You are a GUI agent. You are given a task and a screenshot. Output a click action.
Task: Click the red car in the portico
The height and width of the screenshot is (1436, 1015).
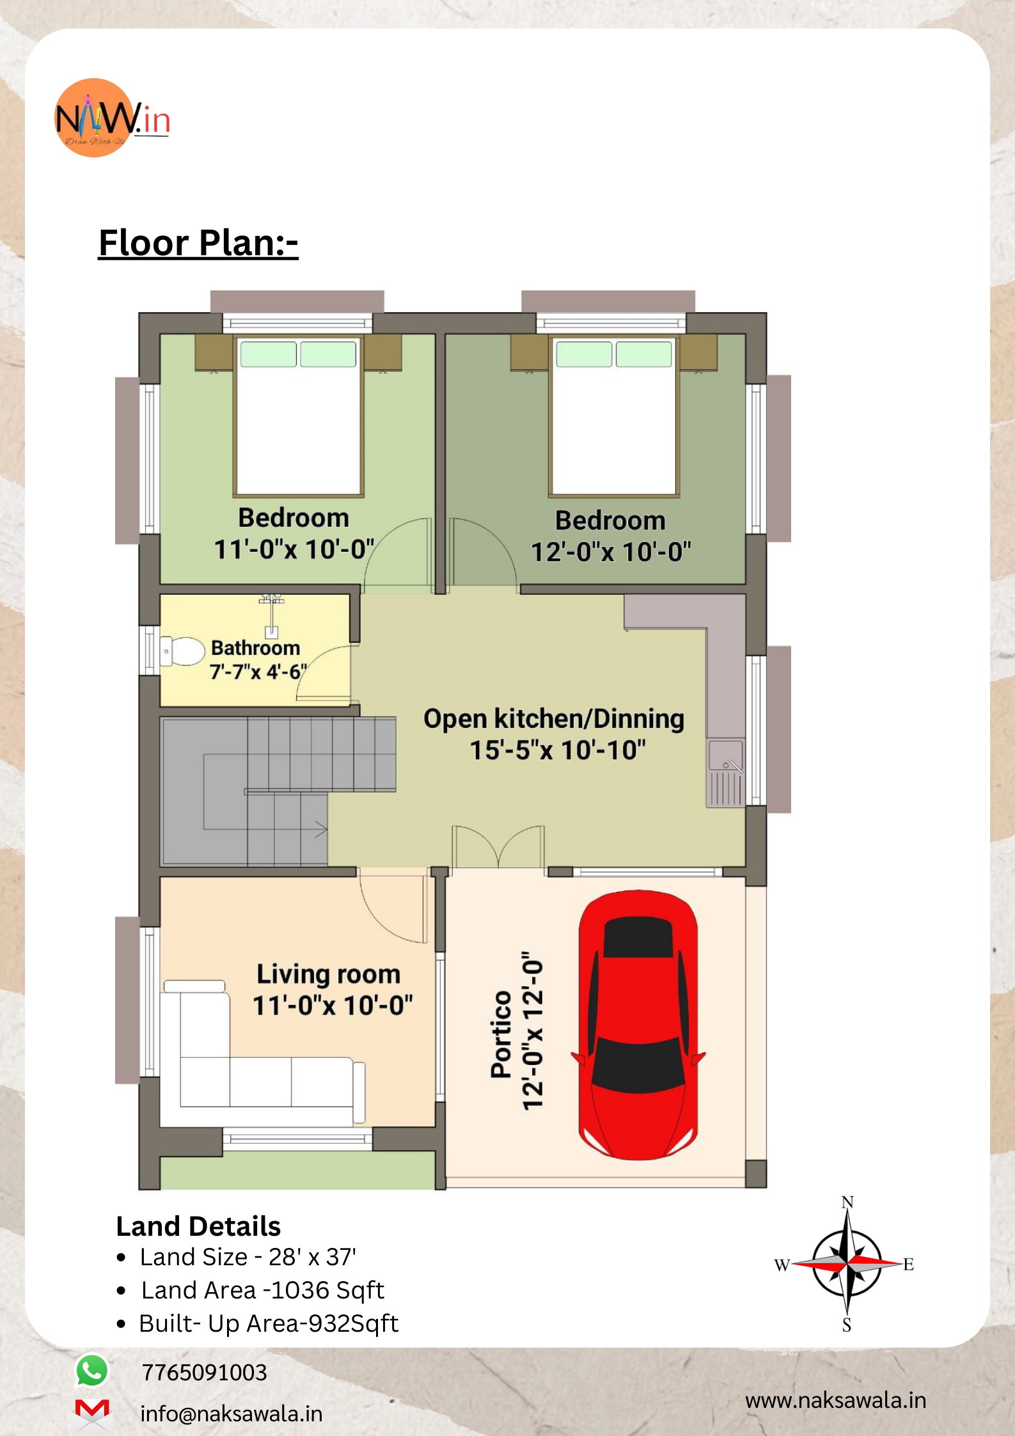[638, 1024]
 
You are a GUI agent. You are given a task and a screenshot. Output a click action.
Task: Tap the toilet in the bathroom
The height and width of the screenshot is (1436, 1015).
[182, 651]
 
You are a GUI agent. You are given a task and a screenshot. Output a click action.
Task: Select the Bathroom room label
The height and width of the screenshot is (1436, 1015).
[255, 648]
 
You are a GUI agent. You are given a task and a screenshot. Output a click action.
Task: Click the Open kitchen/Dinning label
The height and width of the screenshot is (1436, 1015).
[554, 719]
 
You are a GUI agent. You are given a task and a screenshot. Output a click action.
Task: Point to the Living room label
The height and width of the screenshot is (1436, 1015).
[329, 974]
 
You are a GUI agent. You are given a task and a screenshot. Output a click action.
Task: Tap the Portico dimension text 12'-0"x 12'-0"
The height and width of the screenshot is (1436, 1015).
[532, 1031]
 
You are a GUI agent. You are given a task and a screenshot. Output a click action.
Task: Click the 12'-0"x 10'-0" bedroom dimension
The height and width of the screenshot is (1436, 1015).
[611, 551]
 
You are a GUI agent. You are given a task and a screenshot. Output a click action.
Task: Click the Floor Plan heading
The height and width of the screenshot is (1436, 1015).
[198, 243]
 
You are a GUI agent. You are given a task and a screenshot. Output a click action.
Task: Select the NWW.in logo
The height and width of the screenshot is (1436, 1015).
[112, 118]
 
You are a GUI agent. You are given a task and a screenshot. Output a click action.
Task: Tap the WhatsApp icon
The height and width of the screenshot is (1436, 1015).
[92, 1371]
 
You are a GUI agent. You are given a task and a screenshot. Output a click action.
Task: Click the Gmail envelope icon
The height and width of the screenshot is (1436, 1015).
[92, 1410]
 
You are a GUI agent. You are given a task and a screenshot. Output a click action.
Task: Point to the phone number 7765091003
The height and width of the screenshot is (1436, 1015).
[204, 1372]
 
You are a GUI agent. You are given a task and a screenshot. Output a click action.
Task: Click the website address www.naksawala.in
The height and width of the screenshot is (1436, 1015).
[836, 1400]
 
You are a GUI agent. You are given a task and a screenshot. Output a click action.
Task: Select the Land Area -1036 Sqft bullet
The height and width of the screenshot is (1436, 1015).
[262, 1290]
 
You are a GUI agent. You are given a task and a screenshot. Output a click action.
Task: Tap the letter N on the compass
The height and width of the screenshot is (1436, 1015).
[847, 1202]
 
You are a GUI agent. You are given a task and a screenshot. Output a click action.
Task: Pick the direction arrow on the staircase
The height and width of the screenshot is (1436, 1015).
[320, 830]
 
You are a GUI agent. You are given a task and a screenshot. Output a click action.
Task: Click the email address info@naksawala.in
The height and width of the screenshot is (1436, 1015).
[232, 1414]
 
